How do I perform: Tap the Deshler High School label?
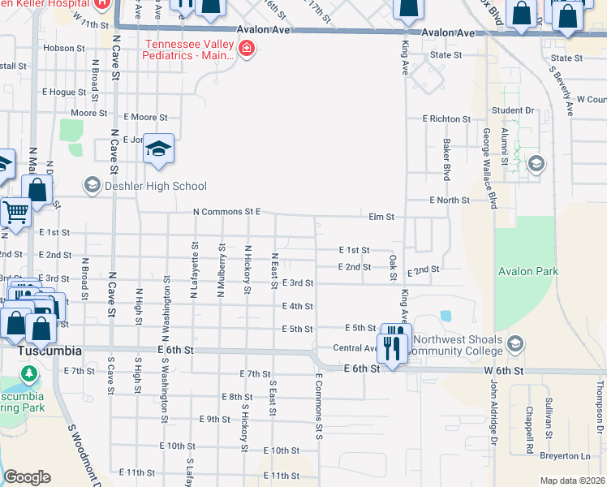(x=153, y=187)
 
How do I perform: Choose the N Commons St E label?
(x=226, y=212)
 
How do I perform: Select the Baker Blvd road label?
(x=446, y=159)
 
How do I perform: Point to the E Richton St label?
(x=446, y=119)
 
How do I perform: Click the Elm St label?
(x=381, y=218)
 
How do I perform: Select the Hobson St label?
(x=59, y=49)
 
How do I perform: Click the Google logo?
(x=27, y=477)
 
